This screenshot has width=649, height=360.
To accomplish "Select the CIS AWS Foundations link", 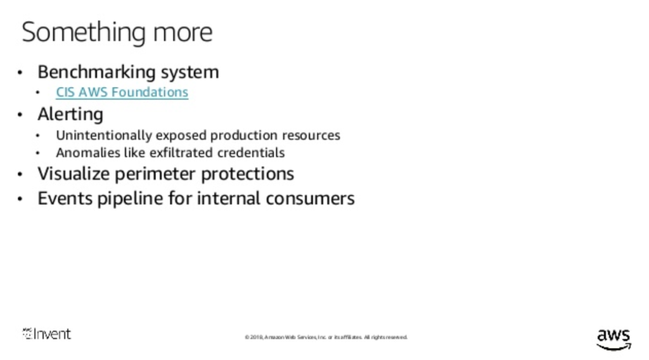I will click(122, 93).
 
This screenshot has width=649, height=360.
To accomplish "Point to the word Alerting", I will click(70, 115).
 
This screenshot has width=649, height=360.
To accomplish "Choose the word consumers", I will click(310, 198).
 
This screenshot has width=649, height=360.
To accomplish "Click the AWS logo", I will click(614, 338).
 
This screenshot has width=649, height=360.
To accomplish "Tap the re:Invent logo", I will click(47, 334).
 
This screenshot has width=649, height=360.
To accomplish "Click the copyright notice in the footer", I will click(326, 337).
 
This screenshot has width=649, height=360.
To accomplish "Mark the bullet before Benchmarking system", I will click(21, 73).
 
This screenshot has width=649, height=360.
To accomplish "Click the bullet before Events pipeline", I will click(21, 199).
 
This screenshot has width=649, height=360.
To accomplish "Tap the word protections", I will click(254, 174).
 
